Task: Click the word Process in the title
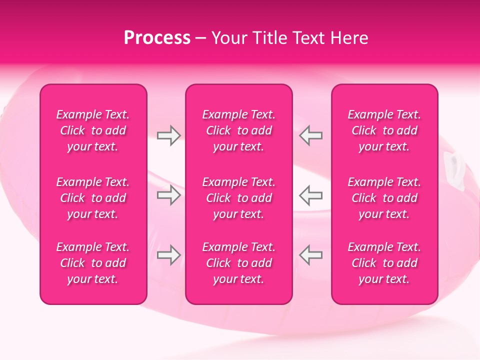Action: pyautogui.click(x=157, y=38)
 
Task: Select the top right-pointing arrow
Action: pyautogui.click(x=168, y=135)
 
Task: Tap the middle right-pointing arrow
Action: pyautogui.click(x=168, y=195)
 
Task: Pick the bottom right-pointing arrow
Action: pyautogui.click(x=168, y=255)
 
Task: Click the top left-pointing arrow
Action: pyautogui.click(x=311, y=135)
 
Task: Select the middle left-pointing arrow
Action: pyautogui.click(x=311, y=195)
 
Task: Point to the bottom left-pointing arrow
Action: pyautogui.click(x=311, y=255)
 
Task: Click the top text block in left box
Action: pyautogui.click(x=93, y=130)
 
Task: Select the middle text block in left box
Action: pyautogui.click(x=93, y=198)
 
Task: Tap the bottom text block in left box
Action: pyautogui.click(x=93, y=263)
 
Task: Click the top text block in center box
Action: pyautogui.click(x=239, y=130)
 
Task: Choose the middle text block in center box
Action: pyautogui.click(x=239, y=198)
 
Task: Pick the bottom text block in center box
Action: pyautogui.click(x=239, y=263)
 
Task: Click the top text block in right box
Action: pyautogui.click(x=384, y=130)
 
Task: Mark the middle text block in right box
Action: pyautogui.click(x=384, y=198)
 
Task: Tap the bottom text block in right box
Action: pyautogui.click(x=384, y=263)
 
